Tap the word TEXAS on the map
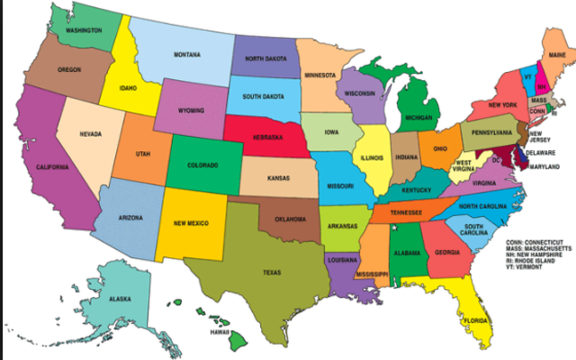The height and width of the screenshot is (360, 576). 272,272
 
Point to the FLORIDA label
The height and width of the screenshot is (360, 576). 476,319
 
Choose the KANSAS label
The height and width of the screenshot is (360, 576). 279,178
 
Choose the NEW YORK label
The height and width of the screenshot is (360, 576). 502,105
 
